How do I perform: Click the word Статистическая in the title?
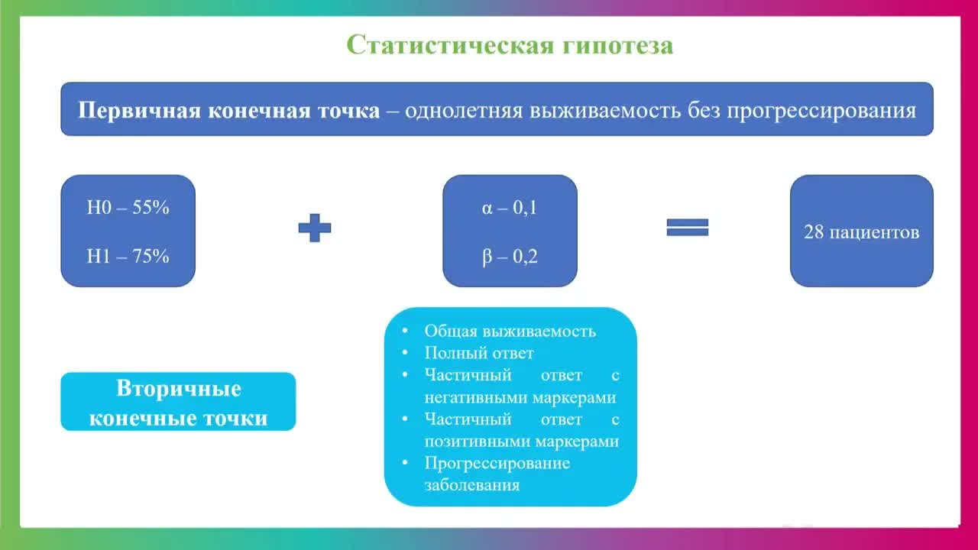tap(450, 45)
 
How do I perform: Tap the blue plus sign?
tap(314, 228)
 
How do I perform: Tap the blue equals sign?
tap(688, 228)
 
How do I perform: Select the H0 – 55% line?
tap(128, 208)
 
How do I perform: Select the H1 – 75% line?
tap(128, 257)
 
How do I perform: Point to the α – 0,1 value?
tap(510, 208)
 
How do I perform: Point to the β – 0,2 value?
tap(510, 257)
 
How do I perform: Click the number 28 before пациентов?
tap(813, 232)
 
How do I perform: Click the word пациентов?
tap(873, 232)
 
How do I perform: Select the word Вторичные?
tap(179, 389)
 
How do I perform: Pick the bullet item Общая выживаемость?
tap(510, 332)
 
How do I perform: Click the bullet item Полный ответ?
tap(478, 354)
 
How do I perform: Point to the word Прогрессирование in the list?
tap(497, 464)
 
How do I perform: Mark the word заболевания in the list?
tap(471, 486)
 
